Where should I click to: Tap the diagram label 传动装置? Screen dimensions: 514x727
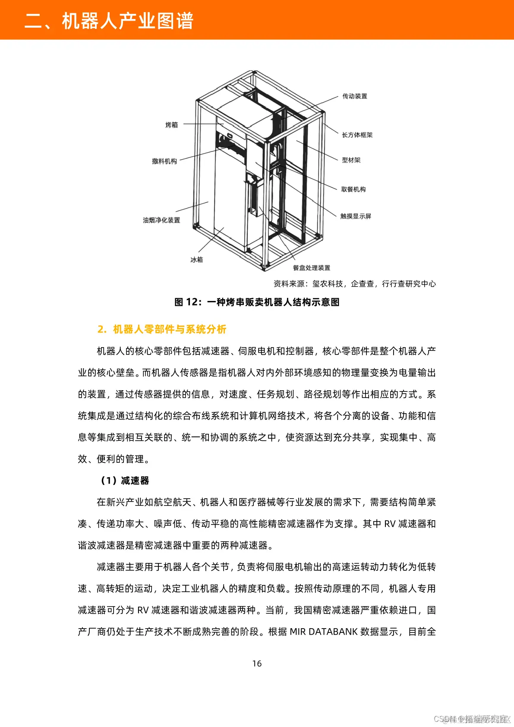(x=355, y=96)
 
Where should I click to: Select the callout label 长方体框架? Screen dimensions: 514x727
(x=357, y=135)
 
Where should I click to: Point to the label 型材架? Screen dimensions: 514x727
(x=351, y=160)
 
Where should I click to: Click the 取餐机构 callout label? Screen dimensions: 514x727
(x=353, y=189)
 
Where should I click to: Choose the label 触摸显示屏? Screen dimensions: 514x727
(x=356, y=216)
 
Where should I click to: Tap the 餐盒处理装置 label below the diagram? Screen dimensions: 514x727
(x=311, y=268)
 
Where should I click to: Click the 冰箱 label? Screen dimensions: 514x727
(x=196, y=259)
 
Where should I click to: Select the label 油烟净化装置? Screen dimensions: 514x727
(x=161, y=220)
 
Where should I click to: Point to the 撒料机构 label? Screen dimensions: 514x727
(x=164, y=161)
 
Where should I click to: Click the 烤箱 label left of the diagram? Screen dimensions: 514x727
(x=171, y=125)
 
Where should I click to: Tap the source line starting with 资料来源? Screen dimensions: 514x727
(x=354, y=284)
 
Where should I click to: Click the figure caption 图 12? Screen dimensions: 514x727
(x=257, y=302)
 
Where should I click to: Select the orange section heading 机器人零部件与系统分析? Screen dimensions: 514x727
(x=162, y=329)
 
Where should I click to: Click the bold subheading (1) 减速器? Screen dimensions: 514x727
(x=125, y=480)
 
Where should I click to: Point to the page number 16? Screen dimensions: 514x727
(x=257, y=664)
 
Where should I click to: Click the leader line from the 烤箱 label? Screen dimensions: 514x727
(x=203, y=124)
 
